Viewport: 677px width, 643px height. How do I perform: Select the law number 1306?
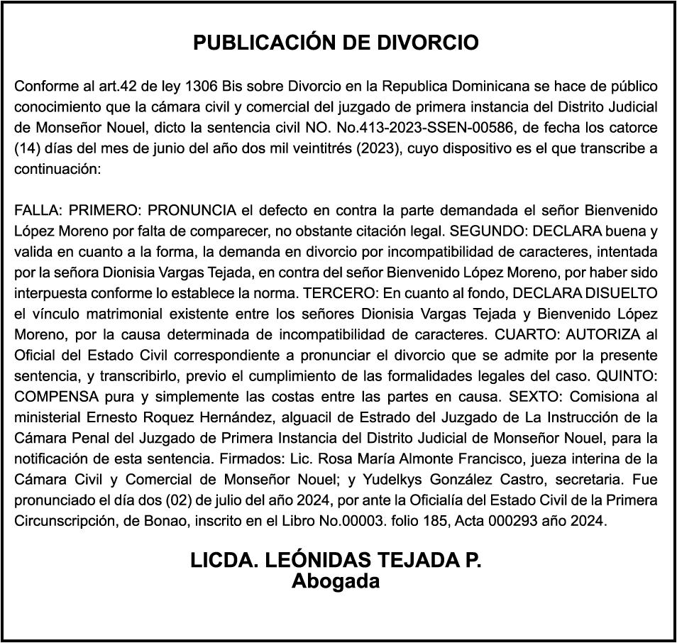pos(201,87)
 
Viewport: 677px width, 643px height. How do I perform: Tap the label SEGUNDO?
pos(489,231)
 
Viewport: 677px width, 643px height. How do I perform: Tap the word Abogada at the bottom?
pos(336,581)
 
